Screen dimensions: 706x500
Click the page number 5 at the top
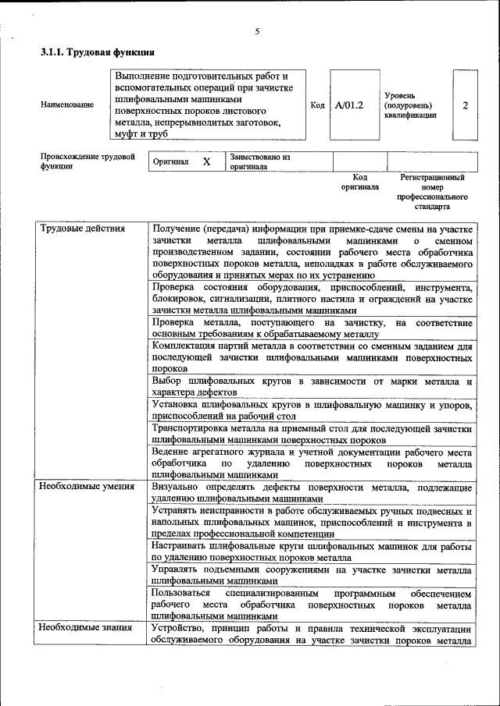click(x=257, y=32)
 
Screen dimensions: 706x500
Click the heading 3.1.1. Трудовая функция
click(x=98, y=53)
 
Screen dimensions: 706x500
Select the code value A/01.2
click(x=348, y=105)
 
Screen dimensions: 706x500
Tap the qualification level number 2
click(x=466, y=105)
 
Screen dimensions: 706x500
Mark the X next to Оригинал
click(x=206, y=161)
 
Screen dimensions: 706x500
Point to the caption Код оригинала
click(x=359, y=182)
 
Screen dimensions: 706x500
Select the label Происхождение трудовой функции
click(x=82, y=161)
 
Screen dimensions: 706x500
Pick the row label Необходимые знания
click(x=84, y=628)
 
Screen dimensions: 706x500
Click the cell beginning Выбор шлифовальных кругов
click(x=312, y=387)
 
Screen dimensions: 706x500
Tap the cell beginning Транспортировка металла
click(x=312, y=435)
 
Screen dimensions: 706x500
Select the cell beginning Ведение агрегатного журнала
click(x=312, y=463)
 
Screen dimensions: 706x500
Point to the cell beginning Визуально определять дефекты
click(x=312, y=493)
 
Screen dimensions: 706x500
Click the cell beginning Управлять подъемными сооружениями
click(x=312, y=575)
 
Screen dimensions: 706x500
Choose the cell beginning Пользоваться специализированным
click(x=312, y=604)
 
